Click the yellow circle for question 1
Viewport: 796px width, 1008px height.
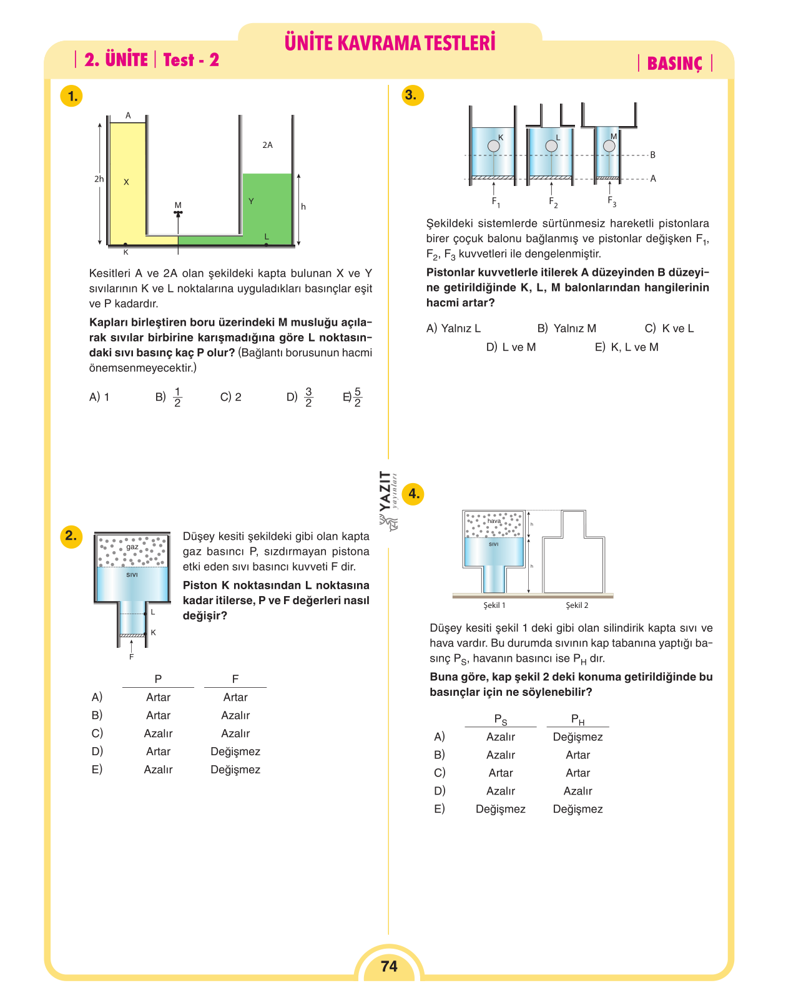(x=72, y=96)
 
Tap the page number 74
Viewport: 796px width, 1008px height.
(x=389, y=966)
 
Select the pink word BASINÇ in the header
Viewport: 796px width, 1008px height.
(x=675, y=63)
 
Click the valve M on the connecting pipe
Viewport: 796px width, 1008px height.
(x=178, y=213)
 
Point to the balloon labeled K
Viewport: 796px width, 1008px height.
(x=493, y=145)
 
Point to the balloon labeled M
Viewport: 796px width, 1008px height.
(x=609, y=145)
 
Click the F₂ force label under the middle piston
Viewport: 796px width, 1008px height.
(x=553, y=202)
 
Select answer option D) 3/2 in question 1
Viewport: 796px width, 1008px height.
(x=300, y=397)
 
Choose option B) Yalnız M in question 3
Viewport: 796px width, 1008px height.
(x=566, y=328)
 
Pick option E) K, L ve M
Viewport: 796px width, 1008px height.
(x=626, y=347)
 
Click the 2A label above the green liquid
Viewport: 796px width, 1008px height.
(x=268, y=145)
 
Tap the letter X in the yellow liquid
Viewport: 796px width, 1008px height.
(x=126, y=182)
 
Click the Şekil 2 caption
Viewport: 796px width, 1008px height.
(x=577, y=605)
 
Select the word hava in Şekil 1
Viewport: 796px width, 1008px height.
(x=494, y=521)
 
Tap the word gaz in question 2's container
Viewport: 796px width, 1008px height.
(x=132, y=547)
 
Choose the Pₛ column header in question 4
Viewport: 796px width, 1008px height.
(x=500, y=720)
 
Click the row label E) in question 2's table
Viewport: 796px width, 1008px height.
(x=97, y=769)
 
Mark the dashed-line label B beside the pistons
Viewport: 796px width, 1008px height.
(x=652, y=155)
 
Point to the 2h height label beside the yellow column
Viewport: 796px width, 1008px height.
(x=99, y=179)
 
